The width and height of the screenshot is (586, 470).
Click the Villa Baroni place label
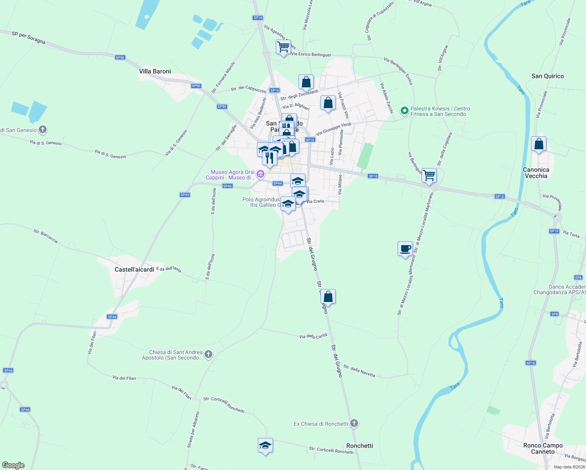point(155,71)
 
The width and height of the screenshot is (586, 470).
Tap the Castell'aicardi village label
point(134,269)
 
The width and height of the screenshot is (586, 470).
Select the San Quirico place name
point(548,76)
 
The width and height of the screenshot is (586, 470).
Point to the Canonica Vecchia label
point(536,173)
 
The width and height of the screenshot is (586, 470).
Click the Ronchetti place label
point(360,446)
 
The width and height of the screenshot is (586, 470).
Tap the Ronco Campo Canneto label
point(543,448)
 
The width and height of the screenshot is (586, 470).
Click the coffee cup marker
point(405,249)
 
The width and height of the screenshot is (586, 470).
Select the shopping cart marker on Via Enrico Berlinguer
point(283,47)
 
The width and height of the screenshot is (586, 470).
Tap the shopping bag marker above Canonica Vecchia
point(539,144)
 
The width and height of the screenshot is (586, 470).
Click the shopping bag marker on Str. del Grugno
point(328,296)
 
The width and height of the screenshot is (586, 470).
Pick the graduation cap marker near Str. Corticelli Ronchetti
point(265,445)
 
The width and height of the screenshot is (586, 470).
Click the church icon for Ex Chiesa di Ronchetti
point(354,423)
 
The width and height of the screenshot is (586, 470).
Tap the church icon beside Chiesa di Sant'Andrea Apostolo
point(208,355)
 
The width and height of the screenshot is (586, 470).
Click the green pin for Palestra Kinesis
point(404,111)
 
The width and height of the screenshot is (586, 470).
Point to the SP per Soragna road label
point(29,38)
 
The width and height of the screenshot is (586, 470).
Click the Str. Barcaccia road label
point(46,237)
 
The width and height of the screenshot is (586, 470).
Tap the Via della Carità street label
point(313,336)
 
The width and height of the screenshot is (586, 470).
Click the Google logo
point(13,465)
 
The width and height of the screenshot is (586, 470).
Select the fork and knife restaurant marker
point(269,157)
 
